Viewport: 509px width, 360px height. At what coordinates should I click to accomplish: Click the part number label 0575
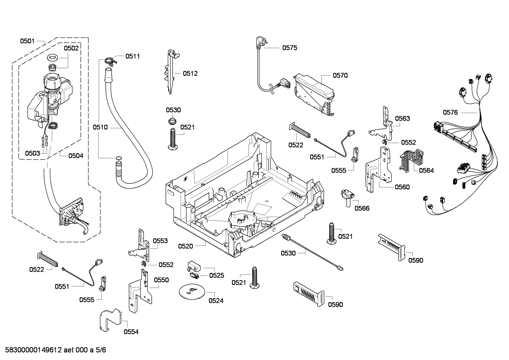(x=289, y=48)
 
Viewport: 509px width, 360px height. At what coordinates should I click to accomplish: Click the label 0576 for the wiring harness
(x=450, y=112)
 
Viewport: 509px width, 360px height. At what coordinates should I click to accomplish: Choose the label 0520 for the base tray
(x=185, y=246)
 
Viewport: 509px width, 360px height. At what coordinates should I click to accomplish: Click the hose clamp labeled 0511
(x=110, y=60)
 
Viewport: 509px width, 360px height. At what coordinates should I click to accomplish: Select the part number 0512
(x=190, y=73)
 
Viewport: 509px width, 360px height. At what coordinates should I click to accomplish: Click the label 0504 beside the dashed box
(x=76, y=155)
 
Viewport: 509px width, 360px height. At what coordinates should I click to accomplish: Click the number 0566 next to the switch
(x=362, y=208)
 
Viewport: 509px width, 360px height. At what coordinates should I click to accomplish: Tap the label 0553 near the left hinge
(x=160, y=241)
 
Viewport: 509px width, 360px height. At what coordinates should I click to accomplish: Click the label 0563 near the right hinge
(x=402, y=118)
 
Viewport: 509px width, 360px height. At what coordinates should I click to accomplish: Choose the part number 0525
(x=216, y=275)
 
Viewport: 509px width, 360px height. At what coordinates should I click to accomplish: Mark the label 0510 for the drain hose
(x=100, y=127)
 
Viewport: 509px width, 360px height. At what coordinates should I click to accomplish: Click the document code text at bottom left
(x=53, y=350)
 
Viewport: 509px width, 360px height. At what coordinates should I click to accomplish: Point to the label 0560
(x=402, y=187)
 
